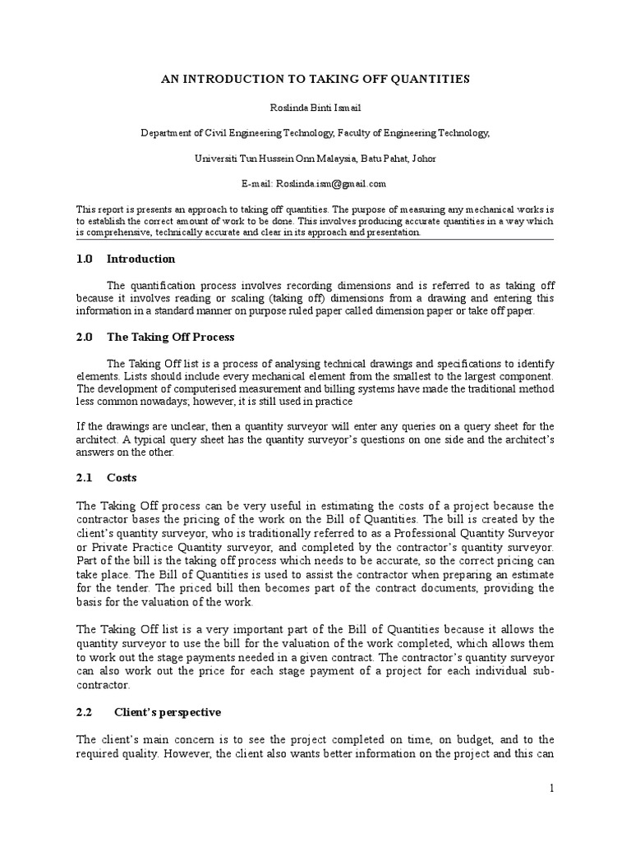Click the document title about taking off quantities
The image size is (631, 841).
point(315,79)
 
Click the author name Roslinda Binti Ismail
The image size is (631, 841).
point(315,106)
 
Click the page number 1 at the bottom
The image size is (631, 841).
point(552,788)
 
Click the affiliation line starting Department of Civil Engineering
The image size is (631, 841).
point(315,132)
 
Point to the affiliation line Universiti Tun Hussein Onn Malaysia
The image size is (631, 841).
point(315,158)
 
